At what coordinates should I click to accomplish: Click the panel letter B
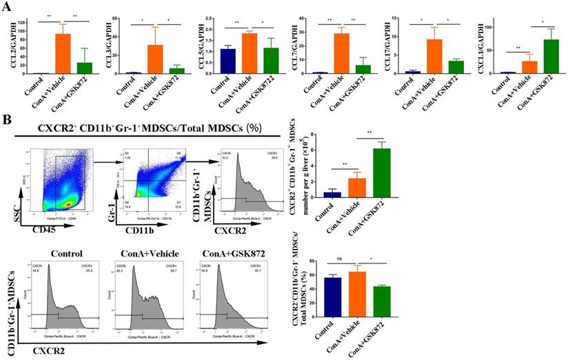point(8,119)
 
